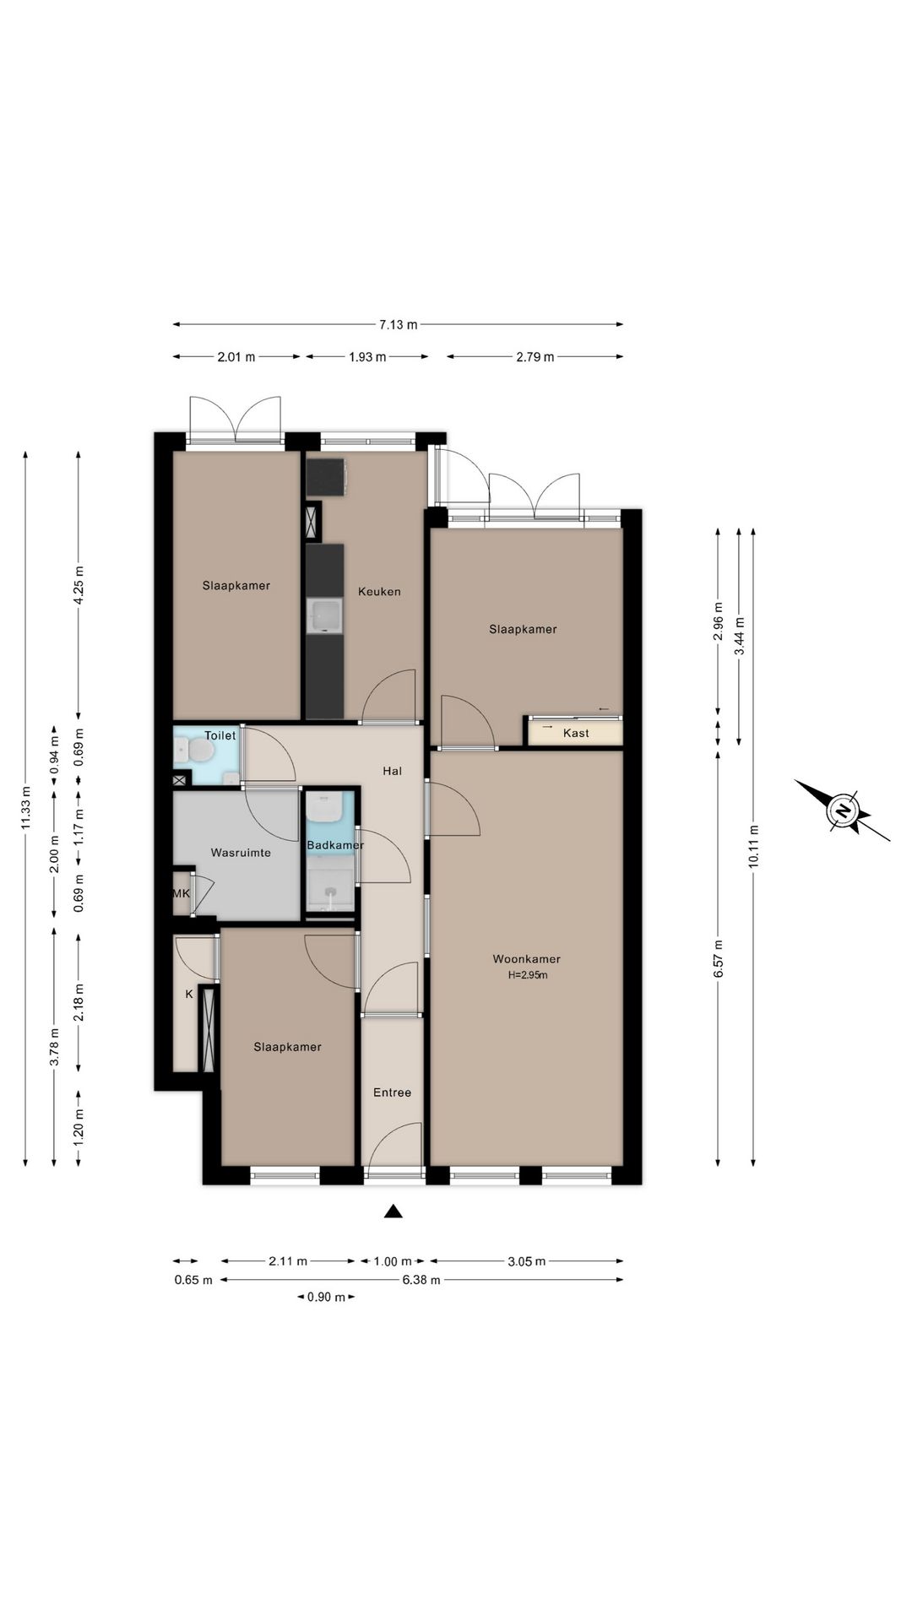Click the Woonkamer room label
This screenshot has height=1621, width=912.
click(526, 959)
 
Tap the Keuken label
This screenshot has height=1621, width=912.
click(379, 592)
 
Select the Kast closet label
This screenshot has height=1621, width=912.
click(576, 733)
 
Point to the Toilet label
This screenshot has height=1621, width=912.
click(220, 735)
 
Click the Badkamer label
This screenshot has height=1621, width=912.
click(335, 845)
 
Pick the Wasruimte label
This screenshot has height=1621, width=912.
click(241, 853)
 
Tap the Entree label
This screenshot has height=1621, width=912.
click(392, 1092)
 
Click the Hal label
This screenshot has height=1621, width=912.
click(392, 771)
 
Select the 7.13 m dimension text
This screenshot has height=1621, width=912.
click(399, 324)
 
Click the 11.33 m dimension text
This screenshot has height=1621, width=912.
click(26, 808)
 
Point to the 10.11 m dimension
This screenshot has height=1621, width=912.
click(753, 846)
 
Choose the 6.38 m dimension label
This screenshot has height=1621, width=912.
click(421, 1280)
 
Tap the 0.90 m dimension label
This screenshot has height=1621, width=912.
click(326, 1297)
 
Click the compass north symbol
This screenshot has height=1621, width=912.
click(843, 811)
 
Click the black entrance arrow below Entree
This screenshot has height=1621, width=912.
click(393, 1212)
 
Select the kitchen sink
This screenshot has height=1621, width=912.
click(325, 615)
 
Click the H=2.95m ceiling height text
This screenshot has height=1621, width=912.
click(528, 975)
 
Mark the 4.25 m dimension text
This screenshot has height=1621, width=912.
click(79, 584)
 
